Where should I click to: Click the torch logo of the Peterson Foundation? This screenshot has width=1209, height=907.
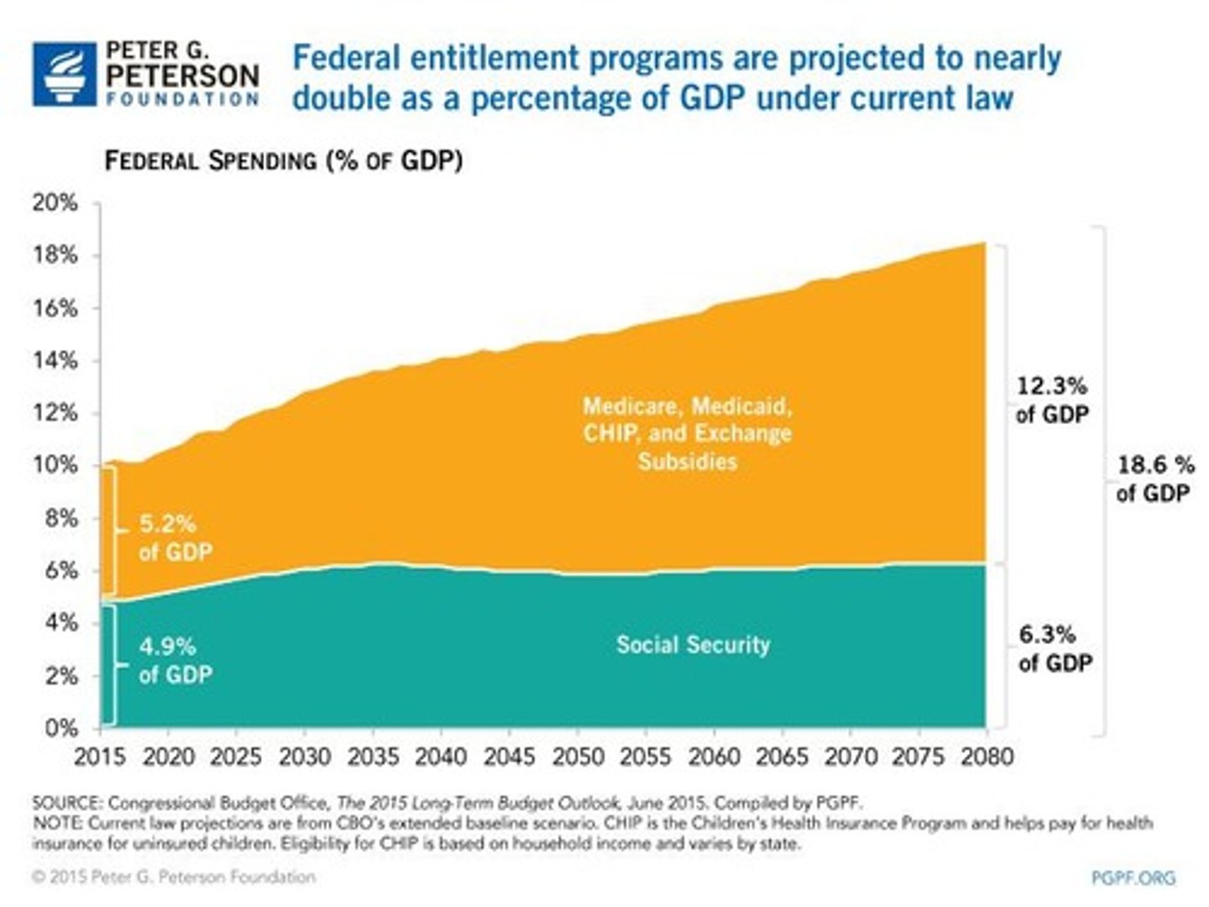point(65,74)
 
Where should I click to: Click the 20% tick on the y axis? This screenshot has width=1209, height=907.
point(55,203)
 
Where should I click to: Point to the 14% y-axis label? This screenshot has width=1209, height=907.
point(55,361)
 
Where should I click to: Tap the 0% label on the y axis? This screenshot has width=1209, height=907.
point(60,728)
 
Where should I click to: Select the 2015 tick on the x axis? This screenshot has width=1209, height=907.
point(99,757)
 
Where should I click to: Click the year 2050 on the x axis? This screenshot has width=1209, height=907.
point(578,757)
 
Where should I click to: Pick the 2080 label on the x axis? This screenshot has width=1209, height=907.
point(987,757)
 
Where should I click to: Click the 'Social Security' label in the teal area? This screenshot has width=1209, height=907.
point(693,645)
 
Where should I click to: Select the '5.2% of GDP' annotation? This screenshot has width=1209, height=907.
point(175,537)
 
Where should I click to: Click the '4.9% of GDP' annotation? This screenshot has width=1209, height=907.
point(175,660)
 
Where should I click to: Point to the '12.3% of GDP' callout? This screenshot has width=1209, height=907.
point(1051,400)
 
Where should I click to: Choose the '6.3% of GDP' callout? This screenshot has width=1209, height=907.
point(1055,648)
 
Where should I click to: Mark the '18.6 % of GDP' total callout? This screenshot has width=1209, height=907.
point(1154,479)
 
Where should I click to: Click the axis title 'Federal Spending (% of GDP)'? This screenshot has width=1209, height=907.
point(283,160)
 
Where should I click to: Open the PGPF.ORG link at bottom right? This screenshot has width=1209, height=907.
point(1133,878)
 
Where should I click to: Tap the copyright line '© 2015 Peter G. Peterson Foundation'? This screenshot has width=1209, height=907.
point(174,877)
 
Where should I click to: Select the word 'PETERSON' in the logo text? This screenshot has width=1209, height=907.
point(182,76)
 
